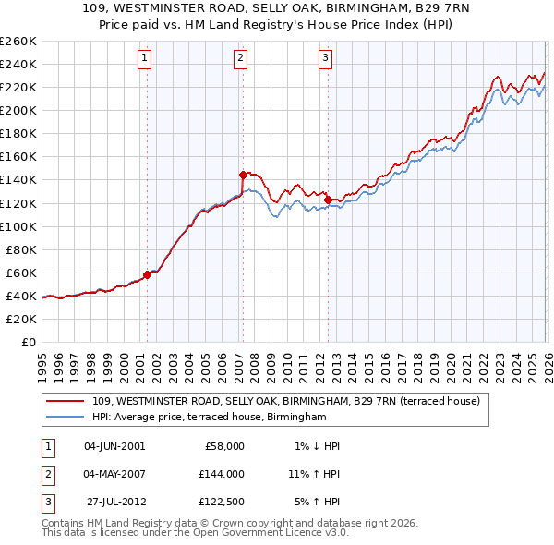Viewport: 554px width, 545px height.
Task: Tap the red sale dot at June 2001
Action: (x=147, y=274)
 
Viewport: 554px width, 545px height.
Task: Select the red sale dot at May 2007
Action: (x=243, y=174)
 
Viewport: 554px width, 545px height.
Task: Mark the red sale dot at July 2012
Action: (x=328, y=200)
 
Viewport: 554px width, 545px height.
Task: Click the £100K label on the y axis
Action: (x=19, y=226)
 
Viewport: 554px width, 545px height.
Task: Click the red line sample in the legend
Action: (x=65, y=402)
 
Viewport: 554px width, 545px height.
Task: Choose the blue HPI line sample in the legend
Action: (x=65, y=418)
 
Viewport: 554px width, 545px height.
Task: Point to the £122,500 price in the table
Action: (x=222, y=503)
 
